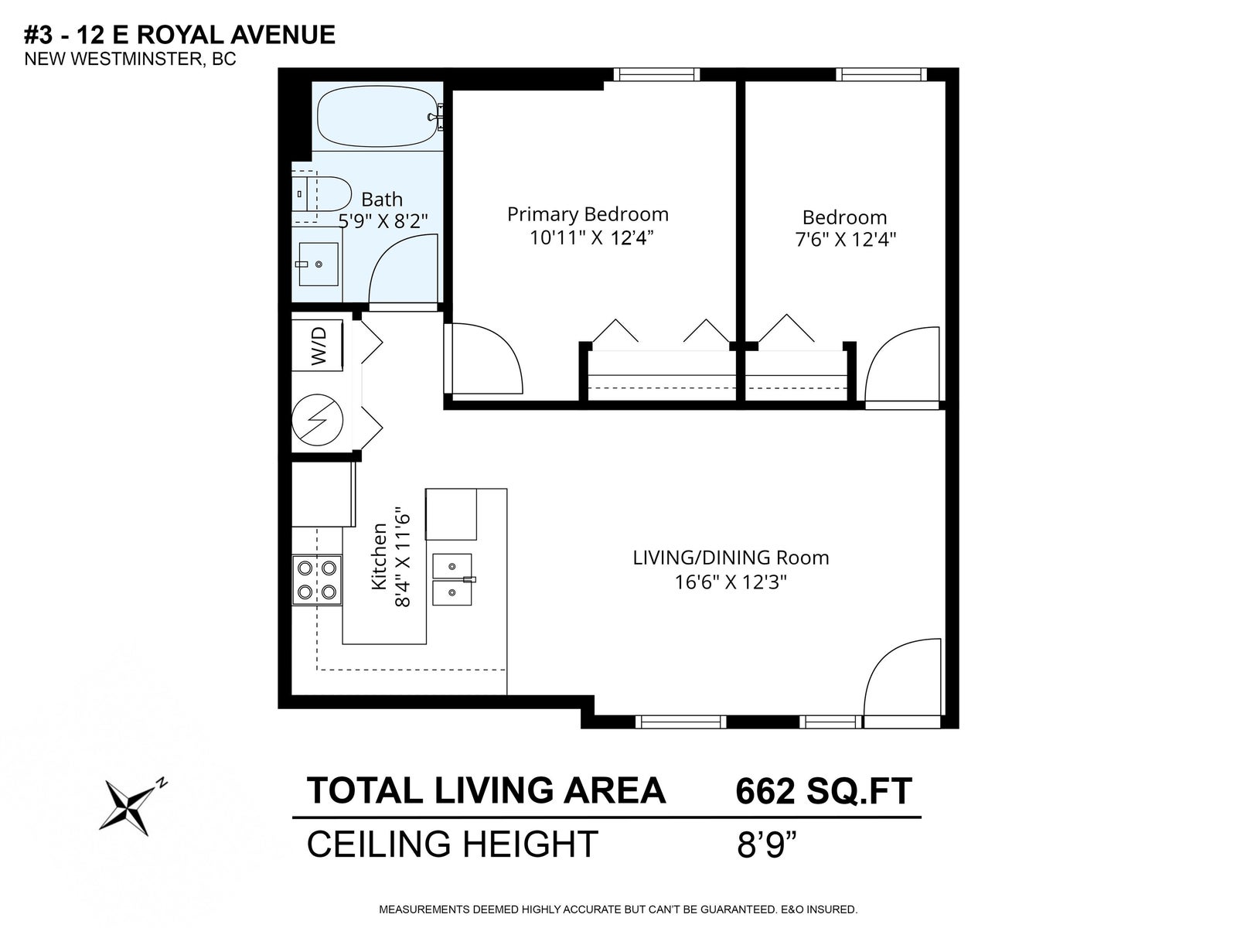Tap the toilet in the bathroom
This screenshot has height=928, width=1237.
pos(321,194)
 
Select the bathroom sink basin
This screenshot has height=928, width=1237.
pos(319,264)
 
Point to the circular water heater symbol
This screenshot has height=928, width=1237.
pos(317,421)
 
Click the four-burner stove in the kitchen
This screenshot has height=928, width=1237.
pos(317,580)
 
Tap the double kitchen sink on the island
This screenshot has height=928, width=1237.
pos(452,579)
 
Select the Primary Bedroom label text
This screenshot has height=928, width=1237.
pos(588,214)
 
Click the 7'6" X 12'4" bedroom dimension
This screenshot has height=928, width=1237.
pos(845,240)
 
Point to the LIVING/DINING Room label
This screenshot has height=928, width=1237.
pos(731,558)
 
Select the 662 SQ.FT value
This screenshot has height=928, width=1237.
pos(823,790)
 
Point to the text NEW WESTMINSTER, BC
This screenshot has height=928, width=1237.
pos(130,60)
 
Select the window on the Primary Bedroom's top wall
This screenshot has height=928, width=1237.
pos(656,74)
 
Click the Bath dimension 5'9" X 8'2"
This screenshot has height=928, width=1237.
pos(383,221)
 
